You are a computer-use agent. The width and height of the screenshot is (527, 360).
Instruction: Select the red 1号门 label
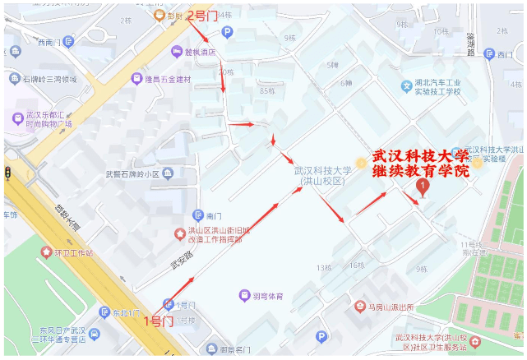click(x=159, y=321)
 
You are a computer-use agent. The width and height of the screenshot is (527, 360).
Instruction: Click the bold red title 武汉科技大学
click(x=421, y=155)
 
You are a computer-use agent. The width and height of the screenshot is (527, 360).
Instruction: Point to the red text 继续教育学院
click(x=421, y=172)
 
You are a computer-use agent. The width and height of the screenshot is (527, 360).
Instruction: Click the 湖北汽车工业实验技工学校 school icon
click(x=406, y=85)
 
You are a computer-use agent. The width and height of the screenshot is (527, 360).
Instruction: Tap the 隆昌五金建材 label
click(x=167, y=79)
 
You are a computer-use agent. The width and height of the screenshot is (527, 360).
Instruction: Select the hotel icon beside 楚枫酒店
click(x=176, y=52)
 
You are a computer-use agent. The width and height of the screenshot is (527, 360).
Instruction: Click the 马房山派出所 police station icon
click(x=359, y=306)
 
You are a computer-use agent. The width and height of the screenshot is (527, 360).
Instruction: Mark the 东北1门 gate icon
click(x=104, y=312)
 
